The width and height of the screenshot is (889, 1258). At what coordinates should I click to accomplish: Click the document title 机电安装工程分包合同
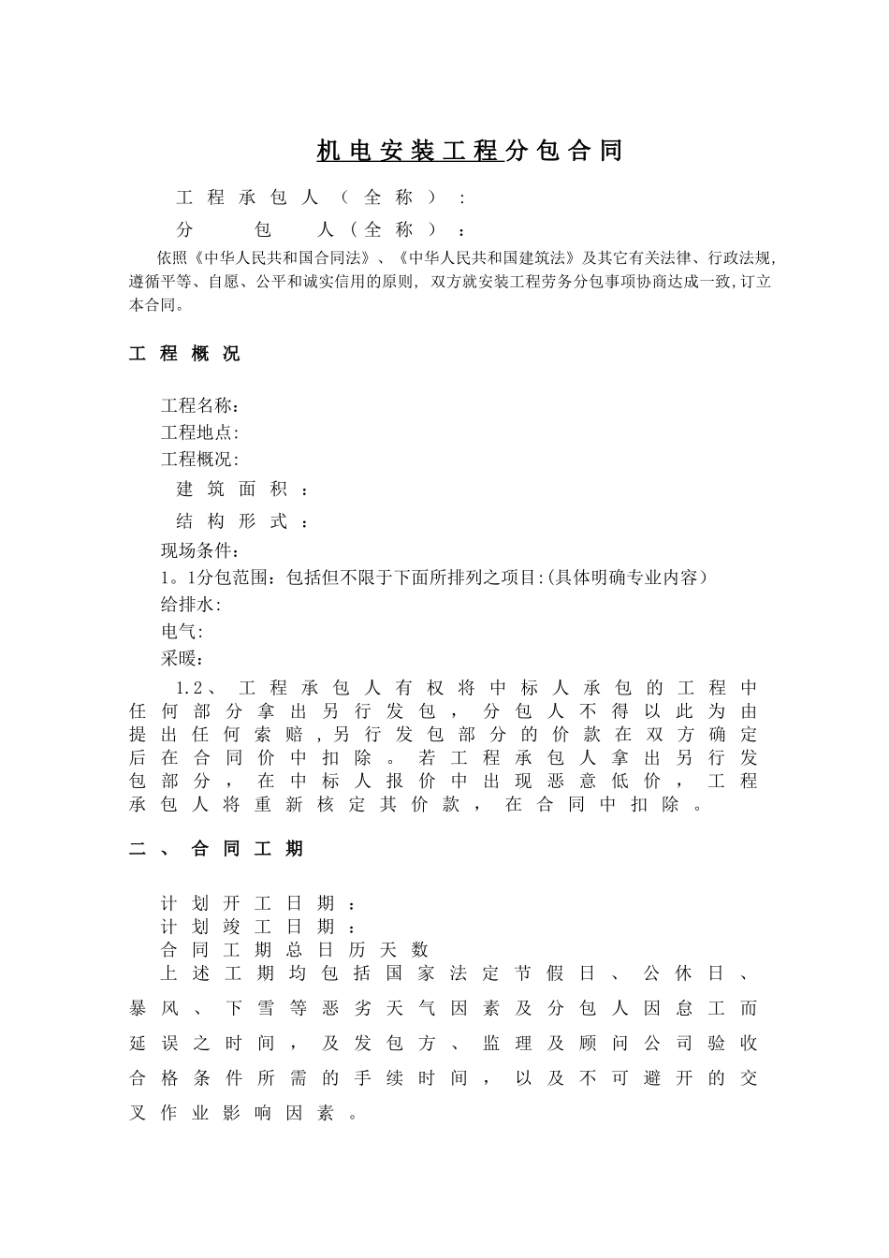point(469,151)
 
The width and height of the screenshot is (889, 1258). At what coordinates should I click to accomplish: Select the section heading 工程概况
point(184,354)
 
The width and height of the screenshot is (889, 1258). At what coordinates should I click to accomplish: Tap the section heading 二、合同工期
point(216,849)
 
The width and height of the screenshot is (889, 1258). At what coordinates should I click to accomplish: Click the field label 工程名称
point(199,405)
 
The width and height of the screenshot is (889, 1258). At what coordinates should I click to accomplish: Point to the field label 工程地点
point(199,432)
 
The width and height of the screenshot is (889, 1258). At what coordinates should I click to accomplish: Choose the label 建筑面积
point(241,489)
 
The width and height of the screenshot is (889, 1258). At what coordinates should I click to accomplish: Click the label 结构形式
point(241,521)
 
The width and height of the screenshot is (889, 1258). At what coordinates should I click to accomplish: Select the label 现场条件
point(199,550)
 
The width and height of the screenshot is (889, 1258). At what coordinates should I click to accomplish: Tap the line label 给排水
point(190,605)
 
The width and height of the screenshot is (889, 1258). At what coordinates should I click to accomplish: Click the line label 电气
point(182,632)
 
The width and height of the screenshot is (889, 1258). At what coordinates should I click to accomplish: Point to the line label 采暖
point(182,659)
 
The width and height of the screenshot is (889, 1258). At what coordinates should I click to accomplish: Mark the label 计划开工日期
point(257,903)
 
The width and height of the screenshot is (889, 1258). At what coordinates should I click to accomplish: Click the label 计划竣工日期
point(257,927)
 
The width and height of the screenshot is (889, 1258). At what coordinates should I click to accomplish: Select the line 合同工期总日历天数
point(295,949)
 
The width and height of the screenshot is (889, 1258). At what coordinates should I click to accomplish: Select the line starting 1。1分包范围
point(434,578)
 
